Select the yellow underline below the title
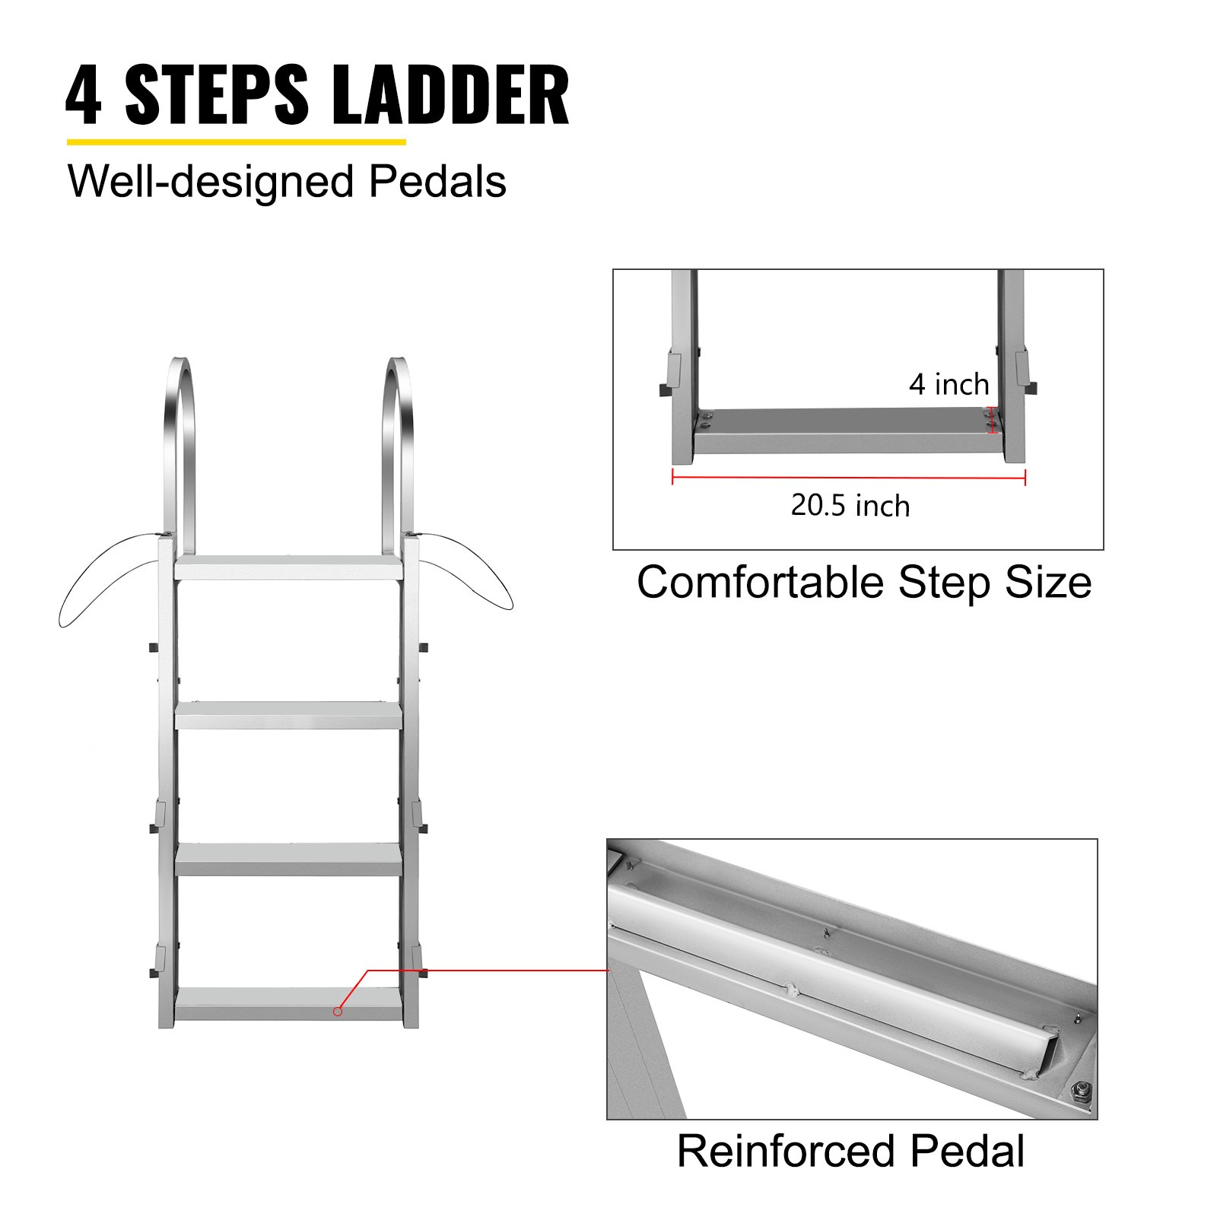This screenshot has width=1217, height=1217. [x=236, y=141]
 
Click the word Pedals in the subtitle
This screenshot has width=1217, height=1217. [x=437, y=183]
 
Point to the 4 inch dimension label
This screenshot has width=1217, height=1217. [x=948, y=385]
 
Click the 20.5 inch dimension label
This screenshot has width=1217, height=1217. [x=850, y=506]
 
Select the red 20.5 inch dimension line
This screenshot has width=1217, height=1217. [x=848, y=478]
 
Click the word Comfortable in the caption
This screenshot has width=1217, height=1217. [x=760, y=583]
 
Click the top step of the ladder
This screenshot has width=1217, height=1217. [x=288, y=568]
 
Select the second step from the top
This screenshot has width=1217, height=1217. [x=288, y=716]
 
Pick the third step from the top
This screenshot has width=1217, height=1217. [x=288, y=860]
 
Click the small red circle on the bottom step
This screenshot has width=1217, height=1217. [x=338, y=1011]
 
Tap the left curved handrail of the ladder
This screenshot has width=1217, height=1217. [x=180, y=449]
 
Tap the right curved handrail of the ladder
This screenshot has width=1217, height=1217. [x=398, y=449]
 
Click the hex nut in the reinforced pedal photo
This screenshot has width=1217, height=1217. [x=1079, y=1093]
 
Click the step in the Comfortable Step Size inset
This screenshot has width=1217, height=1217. [x=844, y=431]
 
